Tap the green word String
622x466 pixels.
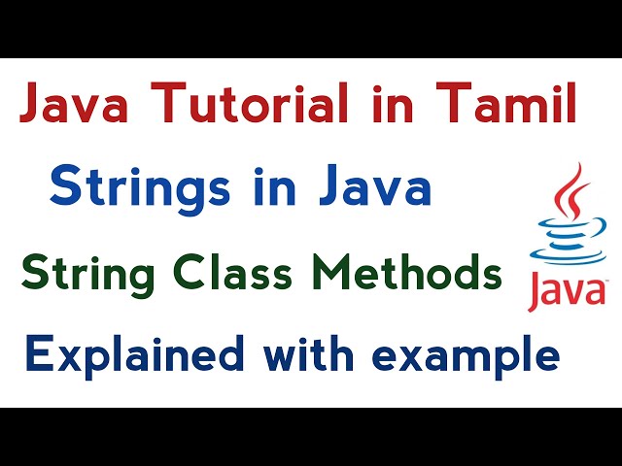tap(86, 275)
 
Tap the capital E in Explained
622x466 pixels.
tap(37, 354)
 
